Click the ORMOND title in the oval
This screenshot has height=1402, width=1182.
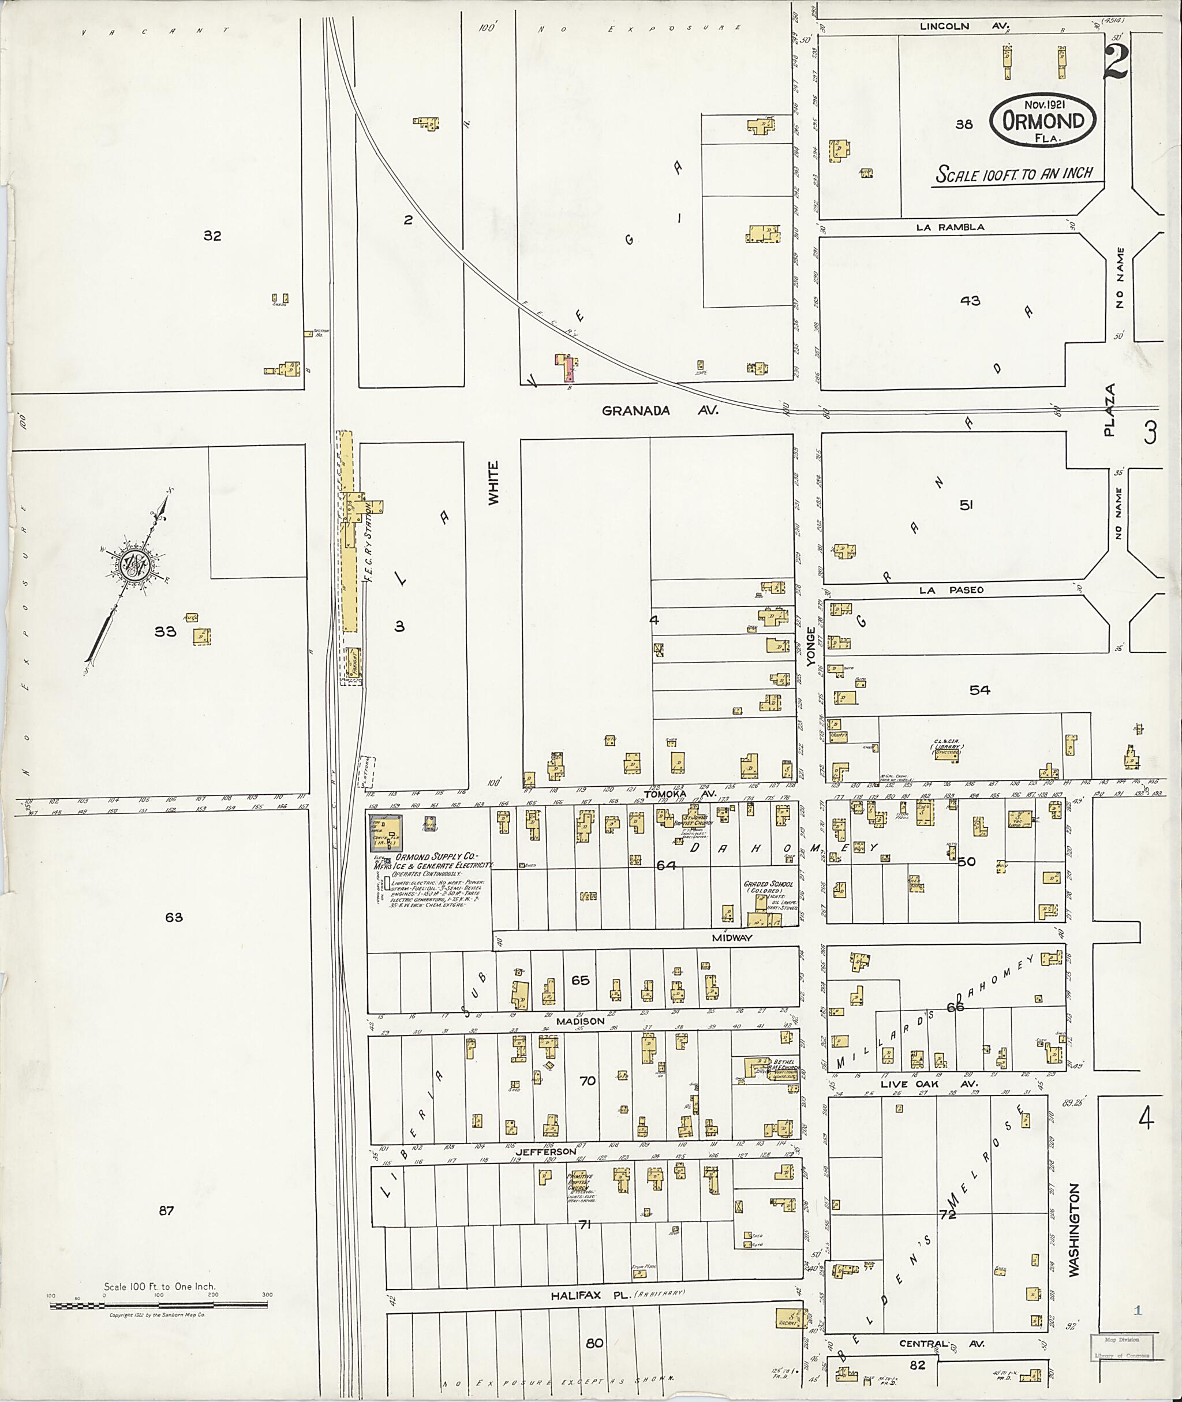coord(1044,121)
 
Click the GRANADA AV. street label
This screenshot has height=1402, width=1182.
coord(660,410)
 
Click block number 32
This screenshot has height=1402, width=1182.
coord(212,235)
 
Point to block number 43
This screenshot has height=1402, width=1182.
coord(970,301)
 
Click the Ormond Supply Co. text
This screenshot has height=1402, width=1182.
coord(434,857)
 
